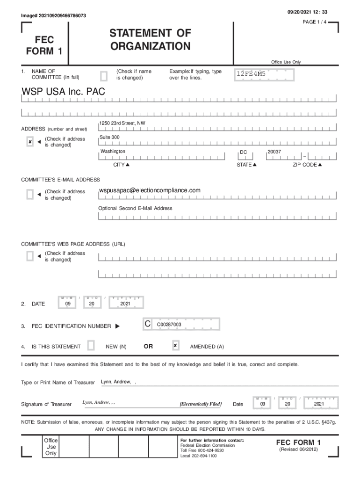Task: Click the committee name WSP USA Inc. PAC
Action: click(x=64, y=92)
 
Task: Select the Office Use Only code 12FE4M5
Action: click(x=251, y=73)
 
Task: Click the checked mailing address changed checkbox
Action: click(x=30, y=142)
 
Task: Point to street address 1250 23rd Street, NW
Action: click(x=122, y=123)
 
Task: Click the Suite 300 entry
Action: click(x=109, y=137)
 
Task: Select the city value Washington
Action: click(x=113, y=152)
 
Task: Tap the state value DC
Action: click(x=244, y=152)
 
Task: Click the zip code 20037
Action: click(x=274, y=152)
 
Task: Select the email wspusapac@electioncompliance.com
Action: click(x=150, y=190)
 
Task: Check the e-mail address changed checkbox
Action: click(x=30, y=194)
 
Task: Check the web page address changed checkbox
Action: click(x=30, y=256)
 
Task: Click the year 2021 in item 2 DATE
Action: click(x=125, y=304)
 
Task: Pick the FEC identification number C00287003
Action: click(x=169, y=324)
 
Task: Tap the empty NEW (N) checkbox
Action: click(x=91, y=346)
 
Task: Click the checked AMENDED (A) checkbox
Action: click(x=175, y=346)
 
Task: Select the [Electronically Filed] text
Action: click(x=201, y=404)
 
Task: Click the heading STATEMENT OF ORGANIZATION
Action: click(x=150, y=40)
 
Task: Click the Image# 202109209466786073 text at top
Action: click(x=53, y=16)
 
